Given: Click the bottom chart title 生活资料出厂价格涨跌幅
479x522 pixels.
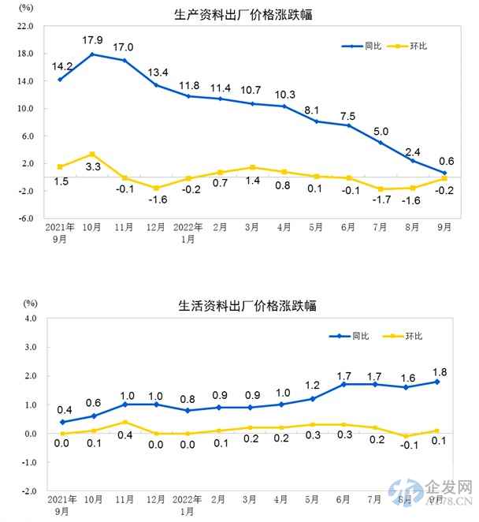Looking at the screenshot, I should (x=242, y=305).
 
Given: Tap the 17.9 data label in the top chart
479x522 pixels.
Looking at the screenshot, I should (x=93, y=40).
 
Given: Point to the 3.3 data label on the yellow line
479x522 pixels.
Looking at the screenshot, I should (x=93, y=166).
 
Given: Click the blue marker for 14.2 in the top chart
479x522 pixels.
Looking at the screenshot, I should (x=61, y=79).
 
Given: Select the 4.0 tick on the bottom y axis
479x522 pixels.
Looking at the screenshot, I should (x=28, y=319).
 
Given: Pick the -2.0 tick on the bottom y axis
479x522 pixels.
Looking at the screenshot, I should (x=27, y=490).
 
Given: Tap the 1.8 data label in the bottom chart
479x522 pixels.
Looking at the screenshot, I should (x=437, y=368).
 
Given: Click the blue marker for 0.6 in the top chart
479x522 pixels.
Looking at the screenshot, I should (x=444, y=173).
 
